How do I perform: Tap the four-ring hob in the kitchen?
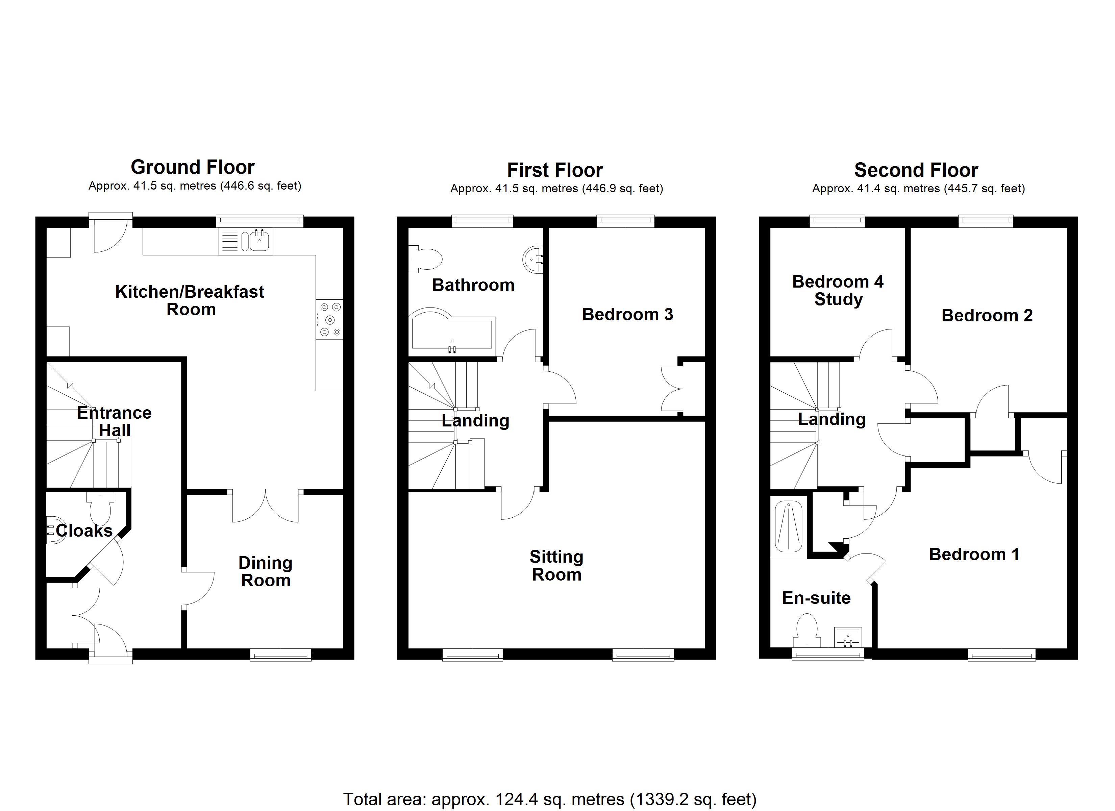point(330,319)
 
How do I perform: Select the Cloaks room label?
point(84,531)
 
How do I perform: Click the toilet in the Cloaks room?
point(100,507)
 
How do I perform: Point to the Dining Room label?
point(266,571)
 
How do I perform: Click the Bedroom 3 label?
point(627,314)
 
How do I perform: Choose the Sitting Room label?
point(556,566)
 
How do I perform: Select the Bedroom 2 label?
point(987,315)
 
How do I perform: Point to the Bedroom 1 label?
point(974,554)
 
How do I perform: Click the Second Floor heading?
point(916,170)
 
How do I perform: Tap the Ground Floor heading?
point(192,167)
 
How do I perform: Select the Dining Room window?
point(281,655)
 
